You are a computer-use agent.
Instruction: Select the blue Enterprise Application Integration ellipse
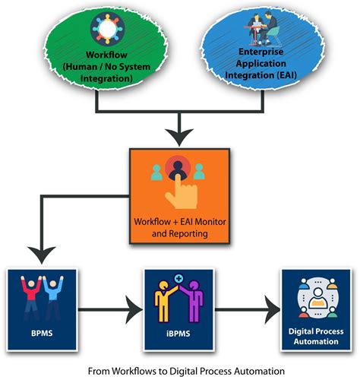coord(262,49)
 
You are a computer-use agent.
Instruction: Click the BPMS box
coord(37,307)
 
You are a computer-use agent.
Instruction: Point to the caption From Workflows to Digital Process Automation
coord(180,370)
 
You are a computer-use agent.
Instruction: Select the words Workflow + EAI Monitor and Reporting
coord(180,229)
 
